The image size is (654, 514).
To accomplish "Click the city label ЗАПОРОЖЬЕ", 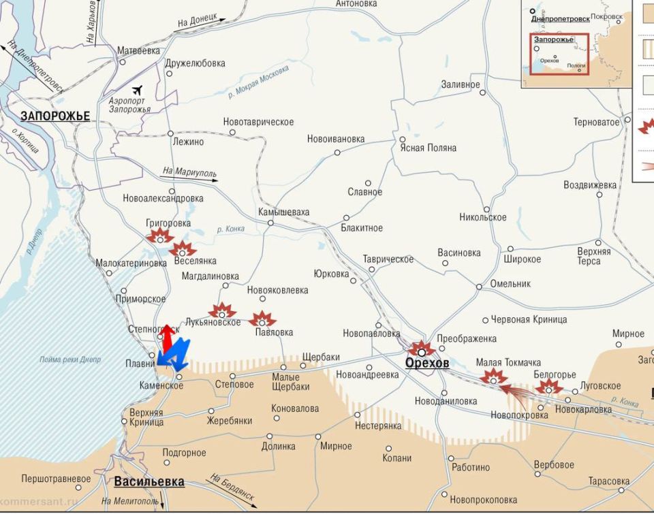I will click(x=54, y=116).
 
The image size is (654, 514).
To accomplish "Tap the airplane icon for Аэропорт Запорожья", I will click(x=139, y=90).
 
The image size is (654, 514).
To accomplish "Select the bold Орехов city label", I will click(x=427, y=364).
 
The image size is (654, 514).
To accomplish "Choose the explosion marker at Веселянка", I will click(x=183, y=250).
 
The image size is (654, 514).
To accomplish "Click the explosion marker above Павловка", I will click(x=262, y=319).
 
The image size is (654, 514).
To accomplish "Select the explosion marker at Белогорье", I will click(x=548, y=388).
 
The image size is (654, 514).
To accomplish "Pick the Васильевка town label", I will click(x=149, y=482).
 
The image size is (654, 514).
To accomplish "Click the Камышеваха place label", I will click(x=283, y=212).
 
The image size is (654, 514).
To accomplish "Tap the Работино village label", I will click(x=471, y=467).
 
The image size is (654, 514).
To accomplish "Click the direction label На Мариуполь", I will click(x=189, y=173).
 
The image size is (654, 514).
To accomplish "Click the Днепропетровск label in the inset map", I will click(x=560, y=19).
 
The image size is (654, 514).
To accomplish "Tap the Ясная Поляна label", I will click(x=429, y=148).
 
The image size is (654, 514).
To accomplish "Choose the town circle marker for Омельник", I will click(x=479, y=287).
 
